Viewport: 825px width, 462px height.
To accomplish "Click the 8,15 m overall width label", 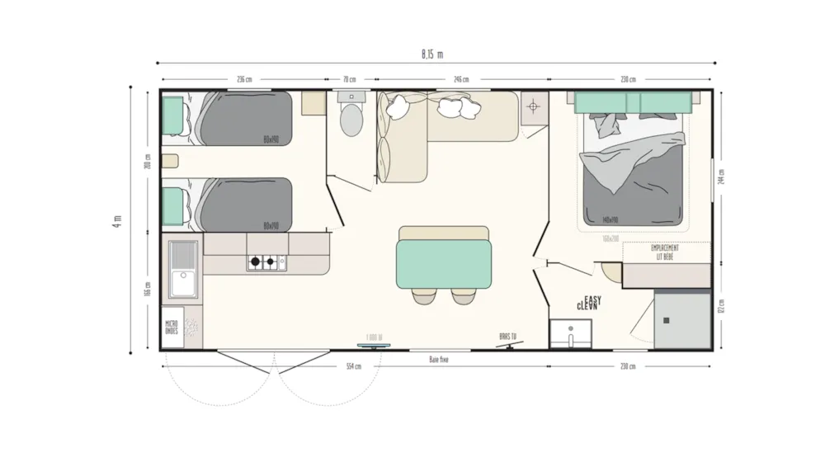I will (431, 54).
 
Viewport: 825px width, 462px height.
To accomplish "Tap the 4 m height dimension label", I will (117, 221).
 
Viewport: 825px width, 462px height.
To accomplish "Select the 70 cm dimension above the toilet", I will (349, 80).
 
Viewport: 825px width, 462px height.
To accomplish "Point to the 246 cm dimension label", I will (460, 80).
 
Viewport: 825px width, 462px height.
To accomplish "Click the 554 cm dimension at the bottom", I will (354, 366).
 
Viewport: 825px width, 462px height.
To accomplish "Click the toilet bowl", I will (351, 120).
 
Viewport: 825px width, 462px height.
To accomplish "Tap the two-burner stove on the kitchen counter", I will (266, 263).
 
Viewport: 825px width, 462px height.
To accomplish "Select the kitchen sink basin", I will (183, 267).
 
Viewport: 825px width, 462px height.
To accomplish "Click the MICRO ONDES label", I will (172, 328).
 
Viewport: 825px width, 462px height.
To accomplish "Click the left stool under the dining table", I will (426, 295).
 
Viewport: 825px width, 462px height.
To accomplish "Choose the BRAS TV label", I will (507, 336).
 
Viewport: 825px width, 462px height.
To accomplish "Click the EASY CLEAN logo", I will (588, 303).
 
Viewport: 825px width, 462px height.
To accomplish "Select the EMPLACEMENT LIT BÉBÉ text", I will (665, 252).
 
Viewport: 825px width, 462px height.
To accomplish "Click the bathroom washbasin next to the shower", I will (570, 335).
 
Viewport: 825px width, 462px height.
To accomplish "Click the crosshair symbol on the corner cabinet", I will (534, 106).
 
